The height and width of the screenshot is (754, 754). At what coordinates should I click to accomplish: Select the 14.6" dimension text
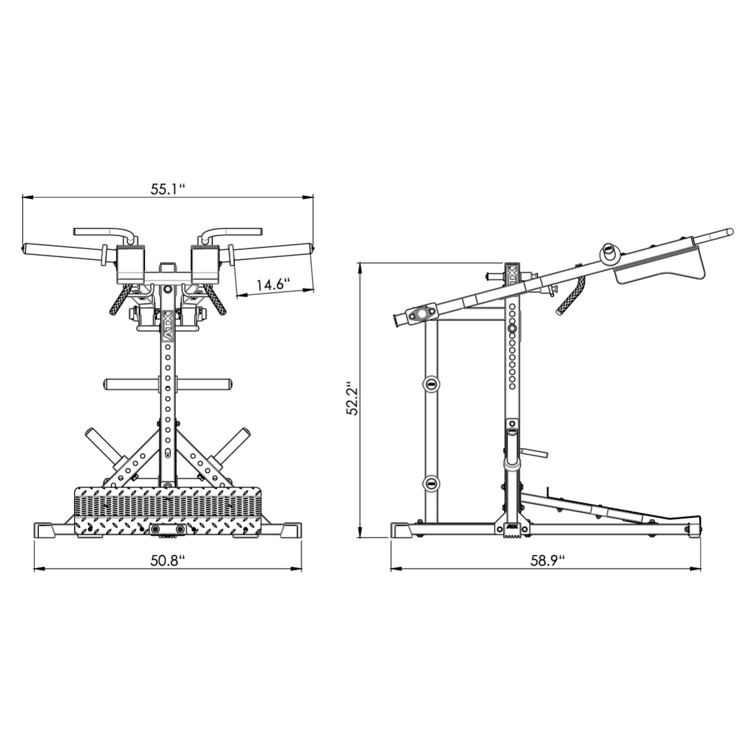coord(271,284)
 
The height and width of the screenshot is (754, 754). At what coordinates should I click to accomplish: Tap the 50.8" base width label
coord(167,560)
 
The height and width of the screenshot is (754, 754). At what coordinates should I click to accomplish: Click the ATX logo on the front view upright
coord(167,333)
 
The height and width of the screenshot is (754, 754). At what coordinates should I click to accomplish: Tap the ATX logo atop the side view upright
coord(511,275)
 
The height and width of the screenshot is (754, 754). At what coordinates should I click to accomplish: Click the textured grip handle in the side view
coord(572,294)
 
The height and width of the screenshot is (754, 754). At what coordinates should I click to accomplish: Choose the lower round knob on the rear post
coord(431,483)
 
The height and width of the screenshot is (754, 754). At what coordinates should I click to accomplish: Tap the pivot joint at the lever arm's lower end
coord(420,315)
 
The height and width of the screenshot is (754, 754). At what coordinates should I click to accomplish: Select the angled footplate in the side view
coord(584,508)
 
